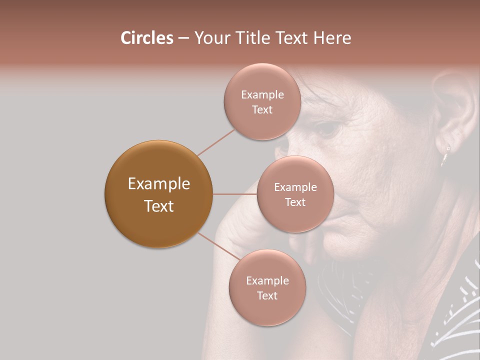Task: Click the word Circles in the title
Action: (x=147, y=38)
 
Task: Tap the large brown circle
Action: (x=158, y=194)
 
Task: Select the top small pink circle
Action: (x=262, y=101)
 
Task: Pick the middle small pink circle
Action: (x=295, y=194)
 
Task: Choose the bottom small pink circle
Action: (x=267, y=287)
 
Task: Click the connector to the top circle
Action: (x=216, y=141)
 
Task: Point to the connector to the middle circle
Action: (x=234, y=194)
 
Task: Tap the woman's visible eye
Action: (x=327, y=129)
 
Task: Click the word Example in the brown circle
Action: (x=158, y=184)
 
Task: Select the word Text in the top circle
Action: (x=262, y=110)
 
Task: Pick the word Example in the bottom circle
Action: (x=267, y=280)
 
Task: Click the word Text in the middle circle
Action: (x=295, y=202)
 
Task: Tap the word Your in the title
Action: (x=210, y=38)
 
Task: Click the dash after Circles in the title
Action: (x=183, y=38)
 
